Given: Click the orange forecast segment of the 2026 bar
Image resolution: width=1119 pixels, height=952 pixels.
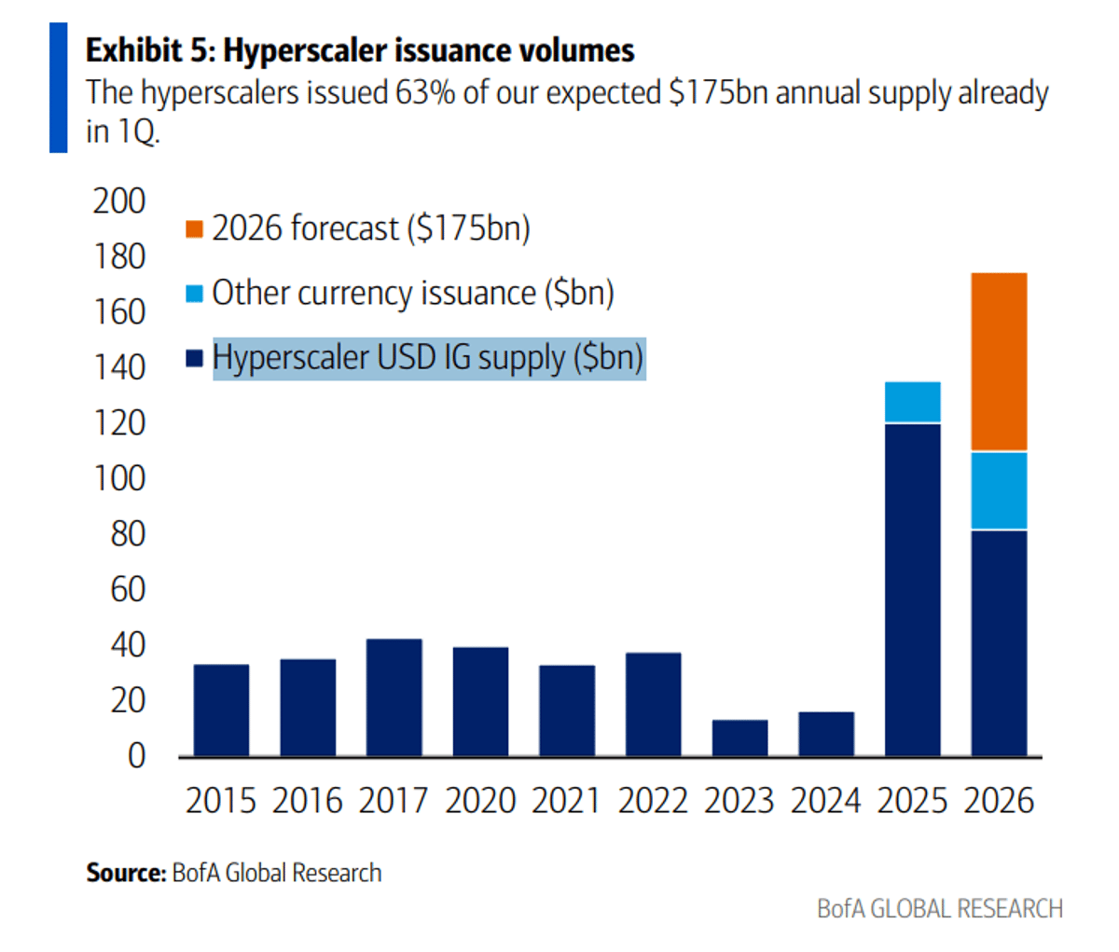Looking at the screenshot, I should pos(999,362).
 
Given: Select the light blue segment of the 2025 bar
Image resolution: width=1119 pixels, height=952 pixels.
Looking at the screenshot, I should pos(912,402).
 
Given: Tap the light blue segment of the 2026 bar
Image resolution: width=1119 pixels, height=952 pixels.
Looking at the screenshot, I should pos(999,490).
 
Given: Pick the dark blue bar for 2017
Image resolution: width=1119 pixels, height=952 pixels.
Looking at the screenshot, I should pos(394,697).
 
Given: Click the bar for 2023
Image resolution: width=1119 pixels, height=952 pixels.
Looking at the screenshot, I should pos(739,737).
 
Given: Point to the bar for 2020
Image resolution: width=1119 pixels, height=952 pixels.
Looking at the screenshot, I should pos(480,700).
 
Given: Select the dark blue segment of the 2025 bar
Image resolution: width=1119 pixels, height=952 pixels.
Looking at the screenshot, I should pos(912,589).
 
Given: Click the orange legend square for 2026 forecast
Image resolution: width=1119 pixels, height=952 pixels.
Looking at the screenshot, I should pos(194,228).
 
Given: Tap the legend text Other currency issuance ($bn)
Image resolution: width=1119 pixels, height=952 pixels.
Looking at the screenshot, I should pos(412,293).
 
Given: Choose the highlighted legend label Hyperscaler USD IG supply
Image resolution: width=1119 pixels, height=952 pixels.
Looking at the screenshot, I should pos(428,358).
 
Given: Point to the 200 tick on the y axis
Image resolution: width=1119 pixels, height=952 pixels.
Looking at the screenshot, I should pos(118,200).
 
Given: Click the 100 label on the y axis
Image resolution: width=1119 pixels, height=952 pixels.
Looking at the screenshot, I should pos(118,478).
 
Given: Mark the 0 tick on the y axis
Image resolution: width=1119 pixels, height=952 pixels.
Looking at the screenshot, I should pos(136,755).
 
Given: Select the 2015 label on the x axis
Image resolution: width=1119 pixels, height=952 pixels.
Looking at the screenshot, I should pos(220,801).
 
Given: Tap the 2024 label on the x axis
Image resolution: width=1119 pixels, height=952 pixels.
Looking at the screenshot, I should pos(825,801).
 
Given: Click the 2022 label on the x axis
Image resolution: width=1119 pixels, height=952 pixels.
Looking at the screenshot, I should pos(653,801).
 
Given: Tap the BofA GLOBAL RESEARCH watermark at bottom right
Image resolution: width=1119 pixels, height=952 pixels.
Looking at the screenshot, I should pos(939,908).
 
